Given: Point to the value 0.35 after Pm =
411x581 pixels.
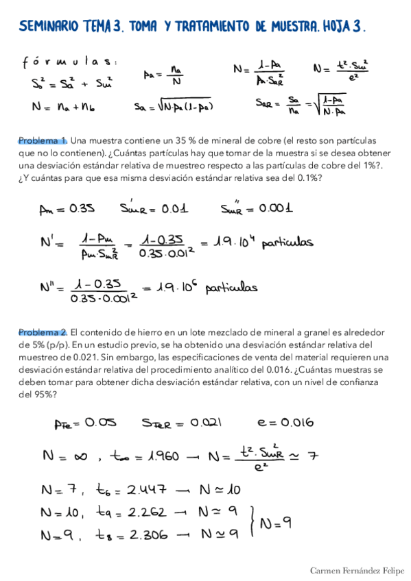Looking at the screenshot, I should tap(80, 208).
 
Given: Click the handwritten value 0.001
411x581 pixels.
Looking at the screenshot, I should tap(270, 208).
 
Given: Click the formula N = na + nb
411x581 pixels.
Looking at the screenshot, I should tap(63, 107).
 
